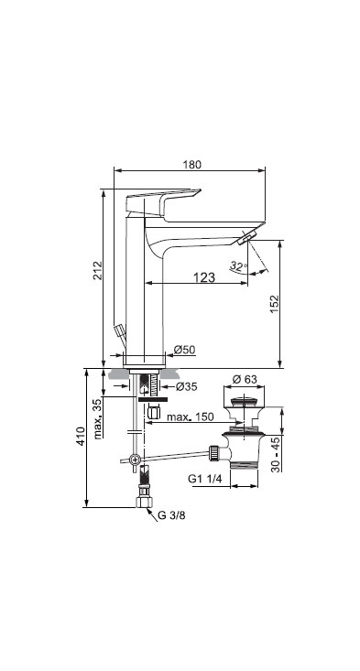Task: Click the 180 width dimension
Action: pyautogui.click(x=191, y=165)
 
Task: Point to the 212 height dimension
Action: pyautogui.click(x=98, y=270)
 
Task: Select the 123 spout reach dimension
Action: pyautogui.click(x=203, y=277)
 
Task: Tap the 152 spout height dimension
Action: pyautogui.click(x=274, y=303)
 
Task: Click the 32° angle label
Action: pyautogui.click(x=238, y=265)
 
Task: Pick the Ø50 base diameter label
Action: pyautogui.click(x=184, y=350)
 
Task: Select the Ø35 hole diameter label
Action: pyautogui.click(x=186, y=386)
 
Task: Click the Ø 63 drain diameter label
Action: pyautogui.click(x=245, y=379)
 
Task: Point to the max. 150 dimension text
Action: pyautogui.click(x=190, y=417)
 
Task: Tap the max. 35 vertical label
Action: pyautogui.click(x=98, y=419)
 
